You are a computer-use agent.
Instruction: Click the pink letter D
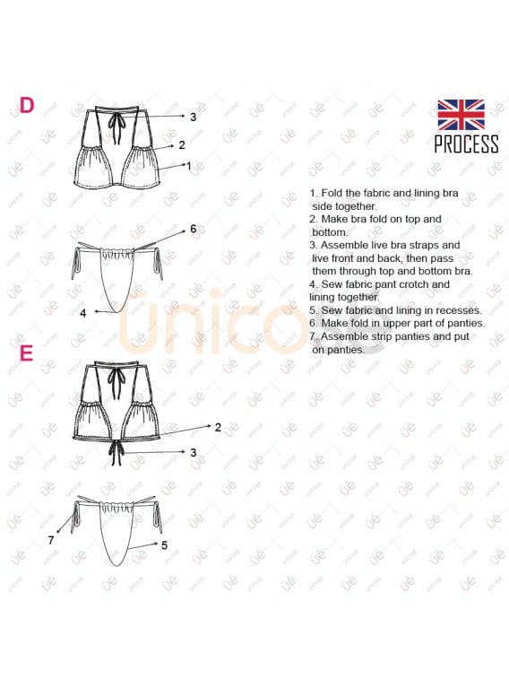coord(27,105)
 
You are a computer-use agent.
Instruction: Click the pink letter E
coord(27,353)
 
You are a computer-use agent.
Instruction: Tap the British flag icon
coord(461,115)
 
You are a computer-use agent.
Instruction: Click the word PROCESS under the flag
coord(466,144)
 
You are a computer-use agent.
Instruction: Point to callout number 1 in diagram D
coord(188,165)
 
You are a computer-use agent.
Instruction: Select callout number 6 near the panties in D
coord(194,229)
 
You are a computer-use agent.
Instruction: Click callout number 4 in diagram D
coord(83,313)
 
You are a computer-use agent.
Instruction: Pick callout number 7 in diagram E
coord(51,540)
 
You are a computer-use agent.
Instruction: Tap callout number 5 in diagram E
coord(164,544)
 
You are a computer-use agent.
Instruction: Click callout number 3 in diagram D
coord(194,117)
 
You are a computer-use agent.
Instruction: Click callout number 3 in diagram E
coord(194,452)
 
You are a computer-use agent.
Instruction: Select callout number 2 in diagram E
coord(218,428)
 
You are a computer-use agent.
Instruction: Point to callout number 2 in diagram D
coord(182,144)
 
